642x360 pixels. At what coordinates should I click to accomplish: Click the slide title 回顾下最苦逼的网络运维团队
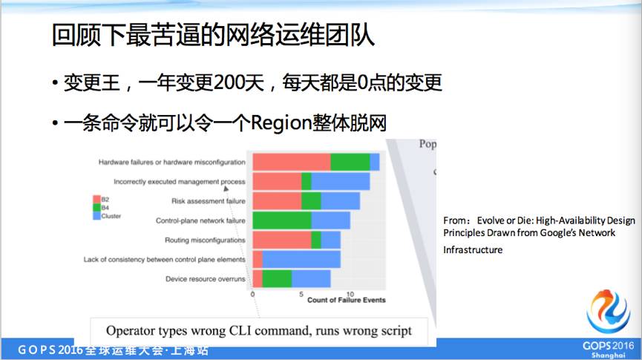(x=214, y=35)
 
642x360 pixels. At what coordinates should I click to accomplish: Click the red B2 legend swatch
(x=96, y=199)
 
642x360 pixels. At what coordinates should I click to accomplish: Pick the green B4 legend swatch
(x=96, y=207)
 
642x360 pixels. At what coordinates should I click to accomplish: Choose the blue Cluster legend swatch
(x=96, y=216)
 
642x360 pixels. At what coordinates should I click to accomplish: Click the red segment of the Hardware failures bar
(x=291, y=162)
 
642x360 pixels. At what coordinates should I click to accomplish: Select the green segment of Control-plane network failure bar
(x=281, y=220)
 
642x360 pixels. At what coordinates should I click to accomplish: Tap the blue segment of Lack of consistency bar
(x=301, y=259)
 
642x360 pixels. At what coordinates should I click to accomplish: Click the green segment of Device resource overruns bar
(x=276, y=278)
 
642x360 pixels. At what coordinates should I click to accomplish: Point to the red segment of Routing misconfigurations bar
(x=281, y=240)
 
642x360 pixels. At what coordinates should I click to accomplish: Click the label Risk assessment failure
(x=208, y=201)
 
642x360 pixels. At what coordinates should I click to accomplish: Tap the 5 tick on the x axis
(x=301, y=294)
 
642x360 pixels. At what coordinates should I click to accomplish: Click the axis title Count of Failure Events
(x=346, y=300)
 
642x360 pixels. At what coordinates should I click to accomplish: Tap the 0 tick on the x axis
(x=253, y=294)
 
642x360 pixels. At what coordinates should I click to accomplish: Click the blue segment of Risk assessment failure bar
(x=340, y=201)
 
